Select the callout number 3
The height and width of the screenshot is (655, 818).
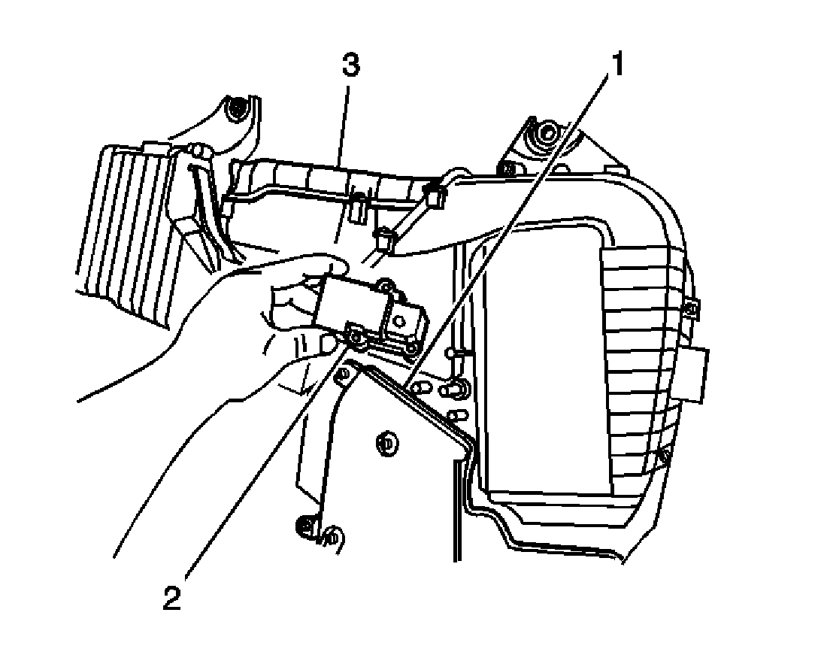pyautogui.click(x=350, y=66)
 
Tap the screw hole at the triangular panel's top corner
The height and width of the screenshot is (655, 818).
pyautogui.click(x=344, y=374)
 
